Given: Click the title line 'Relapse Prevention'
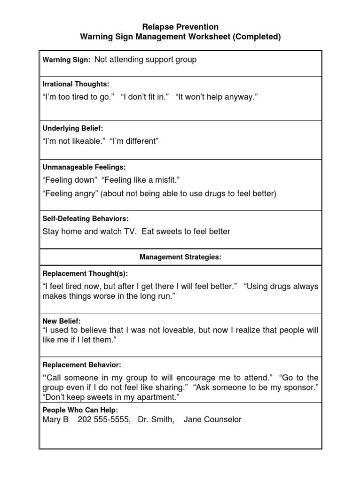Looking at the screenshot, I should (180, 27).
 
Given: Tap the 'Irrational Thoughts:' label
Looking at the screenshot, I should (76, 84).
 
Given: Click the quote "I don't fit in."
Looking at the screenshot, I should (145, 96).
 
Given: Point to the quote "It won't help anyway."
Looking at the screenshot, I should (217, 96).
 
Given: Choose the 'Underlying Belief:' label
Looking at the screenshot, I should (73, 128).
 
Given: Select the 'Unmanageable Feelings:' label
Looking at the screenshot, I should (84, 167).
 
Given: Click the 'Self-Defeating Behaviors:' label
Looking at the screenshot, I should (86, 219).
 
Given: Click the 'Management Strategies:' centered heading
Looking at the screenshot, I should (180, 257).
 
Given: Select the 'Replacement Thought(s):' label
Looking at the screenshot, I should (85, 273).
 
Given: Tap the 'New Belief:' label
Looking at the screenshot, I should (62, 321).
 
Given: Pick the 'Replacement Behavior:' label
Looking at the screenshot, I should (82, 365).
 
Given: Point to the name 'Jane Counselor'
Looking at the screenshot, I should (212, 419).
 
